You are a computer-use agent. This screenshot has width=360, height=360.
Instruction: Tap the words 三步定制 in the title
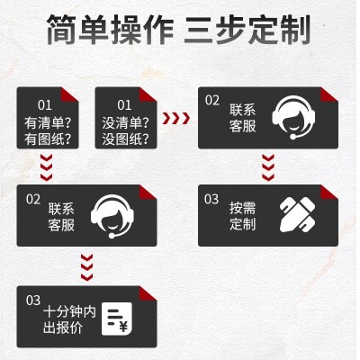tap(247, 31)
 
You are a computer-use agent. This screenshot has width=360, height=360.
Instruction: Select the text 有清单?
tap(49, 121)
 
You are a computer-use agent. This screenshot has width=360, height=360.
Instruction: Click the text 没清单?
tap(127, 121)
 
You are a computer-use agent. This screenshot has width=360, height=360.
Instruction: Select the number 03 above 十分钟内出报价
tap(33, 299)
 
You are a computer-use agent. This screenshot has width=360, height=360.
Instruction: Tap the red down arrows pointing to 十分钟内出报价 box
tap(87, 264)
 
